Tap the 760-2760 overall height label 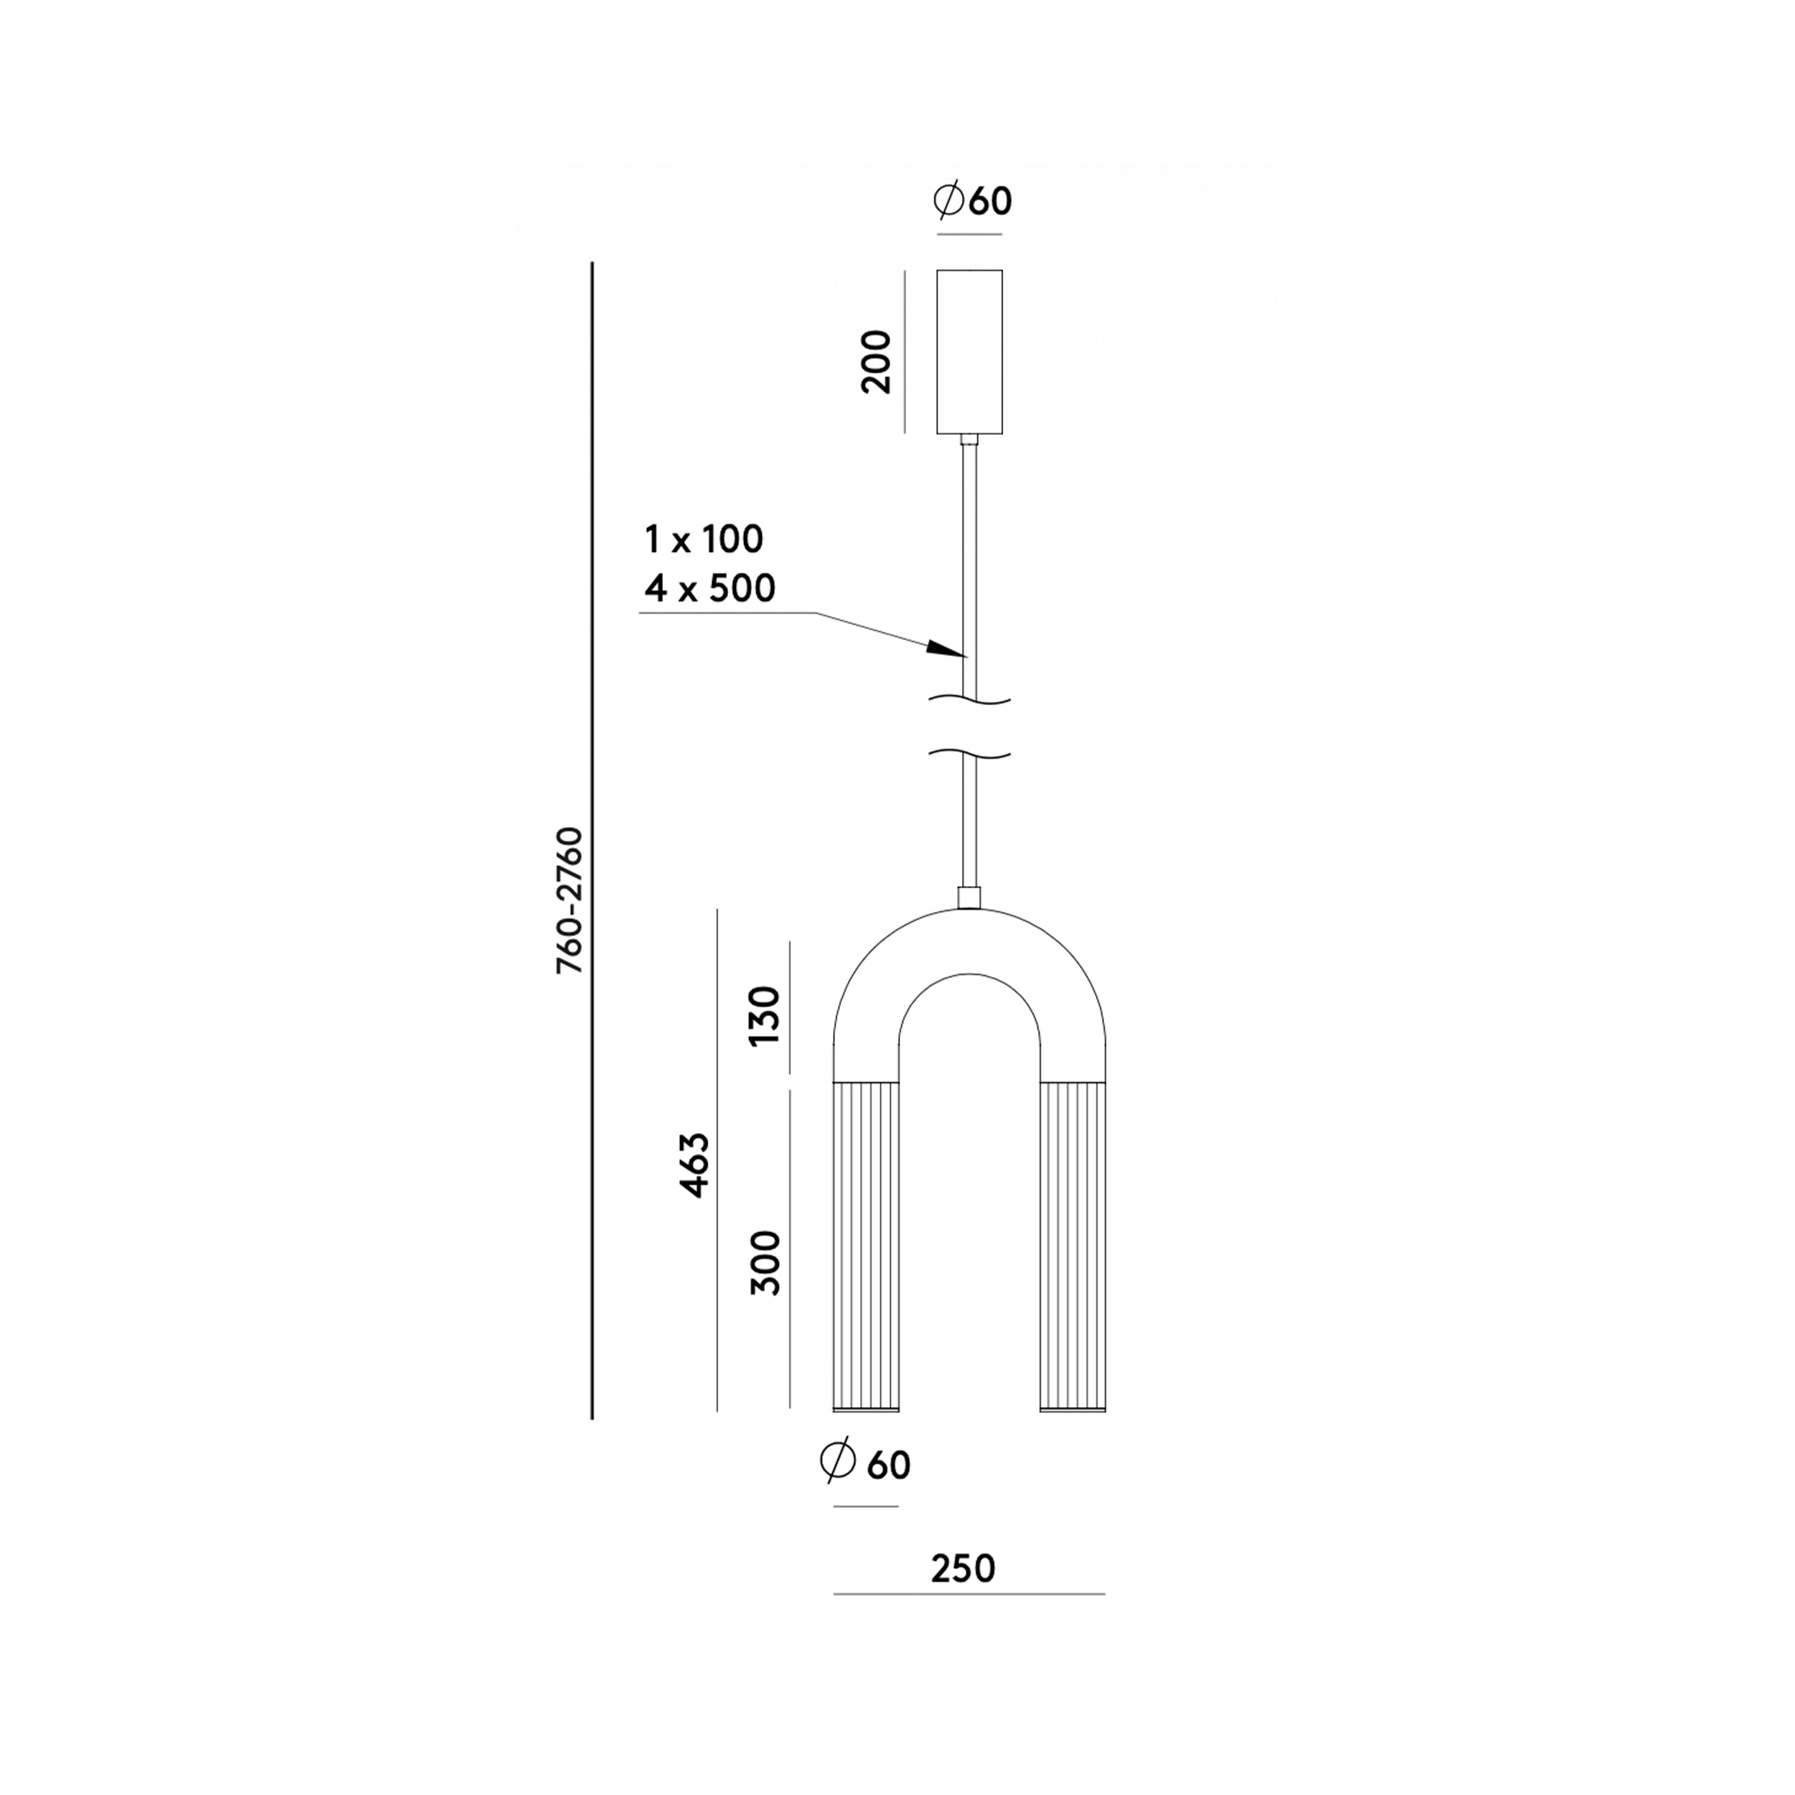point(569,900)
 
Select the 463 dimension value point(694,1165)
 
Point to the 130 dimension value point(765,1015)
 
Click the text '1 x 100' point(704,539)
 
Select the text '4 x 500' point(710,588)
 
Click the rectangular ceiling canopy point(969,351)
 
